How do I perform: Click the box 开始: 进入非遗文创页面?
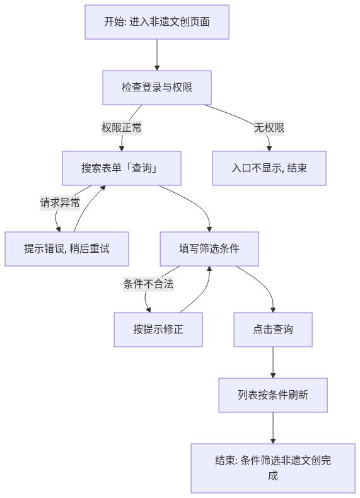tap(157, 22)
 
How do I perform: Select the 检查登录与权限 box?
tap(157, 88)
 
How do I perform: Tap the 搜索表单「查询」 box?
tap(122, 168)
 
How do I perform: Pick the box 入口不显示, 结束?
tap(269, 168)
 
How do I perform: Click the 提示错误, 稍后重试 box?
tap(67, 248)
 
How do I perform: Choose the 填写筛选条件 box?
tap(209, 248)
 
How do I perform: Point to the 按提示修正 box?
tap(158, 329)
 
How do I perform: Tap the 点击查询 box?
tap(273, 329)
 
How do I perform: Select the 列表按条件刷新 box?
tap(273, 395)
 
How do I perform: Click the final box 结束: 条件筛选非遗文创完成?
tap(273, 468)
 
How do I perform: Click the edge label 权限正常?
tap(122, 128)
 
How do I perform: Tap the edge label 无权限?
tap(269, 128)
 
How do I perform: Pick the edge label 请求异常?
tap(60, 202)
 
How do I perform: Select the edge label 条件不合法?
tap(148, 284)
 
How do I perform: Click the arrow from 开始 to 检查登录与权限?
tap(157, 55)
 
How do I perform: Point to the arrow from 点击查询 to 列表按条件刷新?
tap(273, 362)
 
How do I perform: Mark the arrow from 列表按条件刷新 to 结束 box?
tap(273, 428)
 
